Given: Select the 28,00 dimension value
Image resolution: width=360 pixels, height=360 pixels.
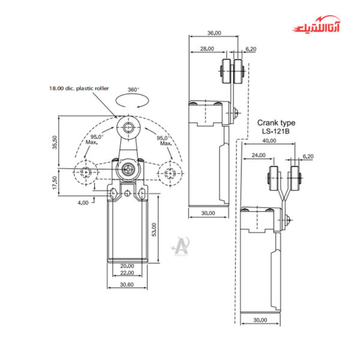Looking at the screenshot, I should [x=207, y=49].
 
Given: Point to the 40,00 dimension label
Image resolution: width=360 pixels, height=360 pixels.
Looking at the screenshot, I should [x=269, y=141].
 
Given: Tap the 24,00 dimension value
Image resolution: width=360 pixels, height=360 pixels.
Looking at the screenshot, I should [x=259, y=155].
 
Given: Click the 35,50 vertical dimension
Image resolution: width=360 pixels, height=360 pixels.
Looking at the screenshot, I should [x=55, y=142].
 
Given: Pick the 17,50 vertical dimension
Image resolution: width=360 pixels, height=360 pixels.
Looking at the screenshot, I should [x=56, y=182].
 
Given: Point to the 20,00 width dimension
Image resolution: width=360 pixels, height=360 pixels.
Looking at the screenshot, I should [x=127, y=265].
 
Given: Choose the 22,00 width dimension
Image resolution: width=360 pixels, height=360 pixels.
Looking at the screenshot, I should [x=127, y=273].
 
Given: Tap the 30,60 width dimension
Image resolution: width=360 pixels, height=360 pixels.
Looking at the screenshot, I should [x=127, y=285].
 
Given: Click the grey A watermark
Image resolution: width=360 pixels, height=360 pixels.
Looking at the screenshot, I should [x=181, y=247].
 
